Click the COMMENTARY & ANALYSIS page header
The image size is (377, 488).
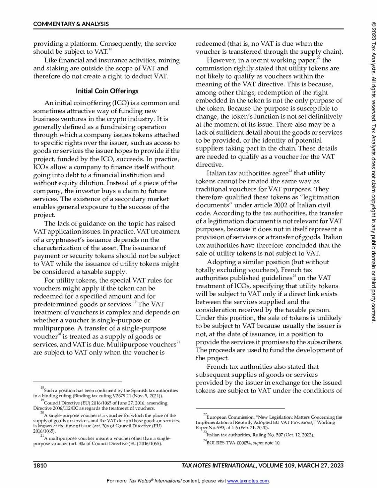pyautogui.click(x=71, y=24)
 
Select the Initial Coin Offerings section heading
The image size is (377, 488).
pyautogui.click(x=107, y=91)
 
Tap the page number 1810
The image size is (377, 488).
pyautogui.click(x=40, y=466)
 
